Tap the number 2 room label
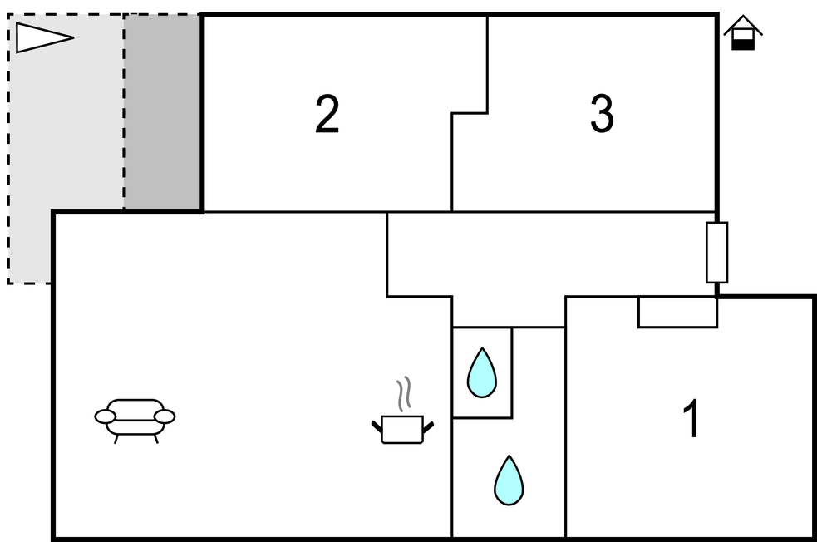click(x=327, y=115)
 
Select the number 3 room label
click(x=602, y=115)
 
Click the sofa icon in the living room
click(x=135, y=417)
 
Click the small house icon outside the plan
click(x=743, y=33)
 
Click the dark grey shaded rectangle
click(x=163, y=112)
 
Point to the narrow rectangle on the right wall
click(x=716, y=252)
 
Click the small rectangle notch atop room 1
click(x=677, y=312)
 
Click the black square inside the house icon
click(x=743, y=42)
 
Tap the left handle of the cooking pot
click(x=377, y=426)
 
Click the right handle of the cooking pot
click(x=428, y=426)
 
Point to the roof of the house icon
click(x=743, y=23)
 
